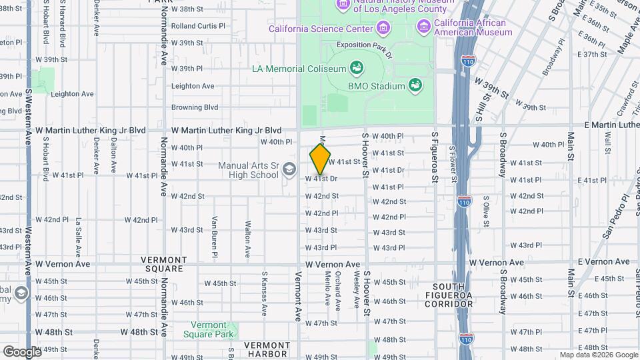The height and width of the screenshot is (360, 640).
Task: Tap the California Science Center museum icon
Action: click(383, 29)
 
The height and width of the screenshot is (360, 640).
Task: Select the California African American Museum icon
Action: click(423, 26)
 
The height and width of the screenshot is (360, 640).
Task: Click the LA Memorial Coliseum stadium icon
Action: click(356, 68)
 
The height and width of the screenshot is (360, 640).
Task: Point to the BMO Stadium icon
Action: click(415, 85)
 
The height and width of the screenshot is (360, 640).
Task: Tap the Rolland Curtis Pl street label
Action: click(199, 27)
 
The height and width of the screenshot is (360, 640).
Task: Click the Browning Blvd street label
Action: click(195, 107)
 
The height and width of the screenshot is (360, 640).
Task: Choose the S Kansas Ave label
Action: click(265, 293)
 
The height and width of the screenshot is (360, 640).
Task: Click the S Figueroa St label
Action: click(435, 157)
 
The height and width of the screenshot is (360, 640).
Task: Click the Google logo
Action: click(22, 351)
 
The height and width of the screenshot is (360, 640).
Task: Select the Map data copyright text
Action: click(598, 355)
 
